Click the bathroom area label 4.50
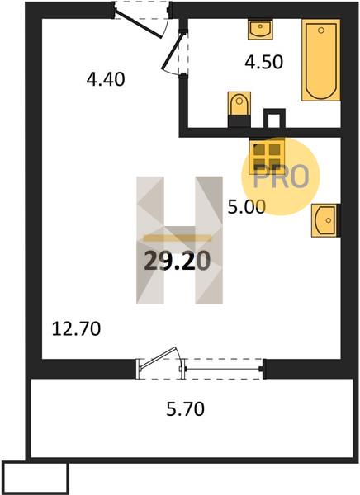click(263, 62)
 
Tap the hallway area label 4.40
click(106, 79)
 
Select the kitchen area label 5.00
click(247, 207)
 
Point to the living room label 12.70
click(76, 328)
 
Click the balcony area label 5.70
click(186, 409)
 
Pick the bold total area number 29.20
click(178, 262)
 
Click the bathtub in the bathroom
click(321, 60)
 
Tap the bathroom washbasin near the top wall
click(260, 29)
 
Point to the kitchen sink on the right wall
click(325, 220)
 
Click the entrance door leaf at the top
click(139, 24)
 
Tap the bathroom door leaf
click(173, 51)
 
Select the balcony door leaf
click(158, 357)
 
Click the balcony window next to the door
click(224, 369)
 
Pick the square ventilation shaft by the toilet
click(274, 118)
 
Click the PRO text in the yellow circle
click(281, 177)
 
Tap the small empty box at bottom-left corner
click(35, 478)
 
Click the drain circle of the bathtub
click(321, 31)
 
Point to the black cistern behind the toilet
click(239, 121)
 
